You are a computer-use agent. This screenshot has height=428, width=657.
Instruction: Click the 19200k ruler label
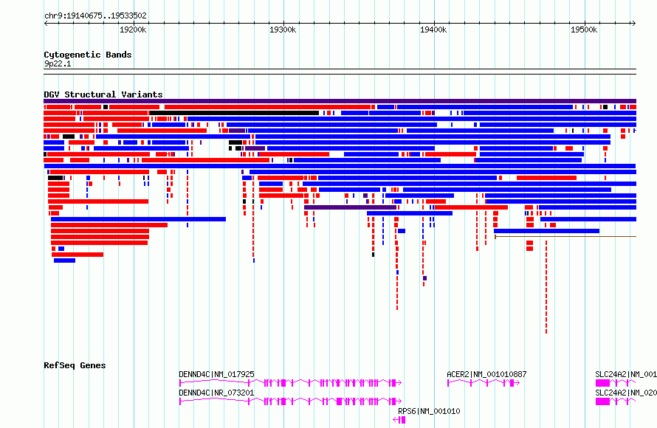[133, 30]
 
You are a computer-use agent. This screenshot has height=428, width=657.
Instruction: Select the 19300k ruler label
[283, 30]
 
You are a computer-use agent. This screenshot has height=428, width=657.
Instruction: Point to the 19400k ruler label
[433, 30]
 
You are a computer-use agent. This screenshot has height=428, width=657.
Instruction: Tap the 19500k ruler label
[584, 30]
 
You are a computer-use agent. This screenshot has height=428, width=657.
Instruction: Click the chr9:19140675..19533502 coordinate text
[95, 16]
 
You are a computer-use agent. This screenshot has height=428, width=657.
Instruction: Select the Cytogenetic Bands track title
[88, 55]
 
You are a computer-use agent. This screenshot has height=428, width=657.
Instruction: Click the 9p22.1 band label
[58, 63]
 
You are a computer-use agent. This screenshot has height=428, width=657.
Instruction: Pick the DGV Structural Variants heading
[103, 94]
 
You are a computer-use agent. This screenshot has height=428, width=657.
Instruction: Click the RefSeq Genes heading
[75, 365]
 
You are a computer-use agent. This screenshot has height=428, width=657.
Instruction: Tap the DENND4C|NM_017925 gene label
[216, 374]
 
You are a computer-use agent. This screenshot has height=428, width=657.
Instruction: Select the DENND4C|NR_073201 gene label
[216, 393]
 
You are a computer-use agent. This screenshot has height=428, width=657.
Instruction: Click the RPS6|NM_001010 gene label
[429, 411]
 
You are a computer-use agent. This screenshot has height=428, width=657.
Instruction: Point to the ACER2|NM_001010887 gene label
[487, 374]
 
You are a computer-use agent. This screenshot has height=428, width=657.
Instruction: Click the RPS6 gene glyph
[399, 420]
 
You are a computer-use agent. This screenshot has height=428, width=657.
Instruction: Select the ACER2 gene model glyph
[484, 383]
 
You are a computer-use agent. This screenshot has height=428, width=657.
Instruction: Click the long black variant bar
[234, 113]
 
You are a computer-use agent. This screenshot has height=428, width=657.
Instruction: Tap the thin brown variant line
[565, 237]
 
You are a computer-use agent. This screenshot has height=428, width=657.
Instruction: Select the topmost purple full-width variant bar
[340, 101]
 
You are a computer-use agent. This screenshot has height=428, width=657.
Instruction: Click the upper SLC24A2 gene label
[626, 374]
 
